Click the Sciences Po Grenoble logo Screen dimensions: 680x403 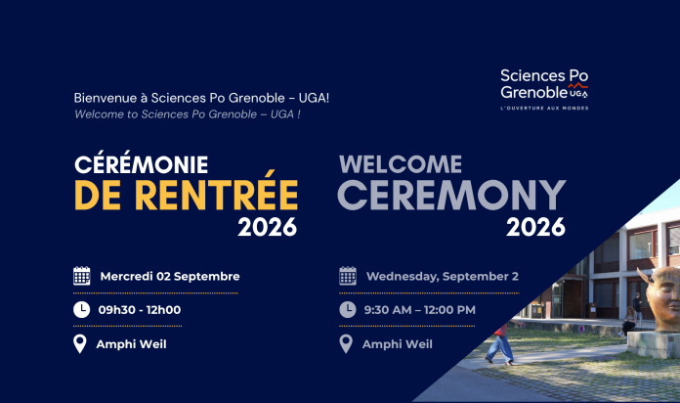coord(544,89)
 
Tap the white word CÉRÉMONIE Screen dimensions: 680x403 coord(142,163)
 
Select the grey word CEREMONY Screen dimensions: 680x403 coord(451,195)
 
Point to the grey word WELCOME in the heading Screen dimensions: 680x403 coord(401,164)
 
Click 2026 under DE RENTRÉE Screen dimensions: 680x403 coord(267,227)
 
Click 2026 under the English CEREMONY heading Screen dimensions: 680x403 coord(535,227)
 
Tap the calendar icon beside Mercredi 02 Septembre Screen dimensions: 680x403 coord(81,276)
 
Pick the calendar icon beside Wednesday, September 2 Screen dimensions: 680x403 coord(348,276)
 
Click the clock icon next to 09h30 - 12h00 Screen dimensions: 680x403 coord(81,310)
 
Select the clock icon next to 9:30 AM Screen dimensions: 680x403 coord(348,310)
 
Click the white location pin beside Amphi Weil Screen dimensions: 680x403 coord(80,344)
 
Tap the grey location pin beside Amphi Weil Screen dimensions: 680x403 coord(346,344)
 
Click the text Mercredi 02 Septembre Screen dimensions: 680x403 coord(170,276)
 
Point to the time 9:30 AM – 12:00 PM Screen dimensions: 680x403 coord(420,310)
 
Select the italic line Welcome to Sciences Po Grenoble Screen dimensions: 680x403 coord(188,114)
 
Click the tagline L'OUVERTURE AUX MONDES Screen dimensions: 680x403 coord(545,109)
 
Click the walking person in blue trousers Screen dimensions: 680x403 coord(500,344)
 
